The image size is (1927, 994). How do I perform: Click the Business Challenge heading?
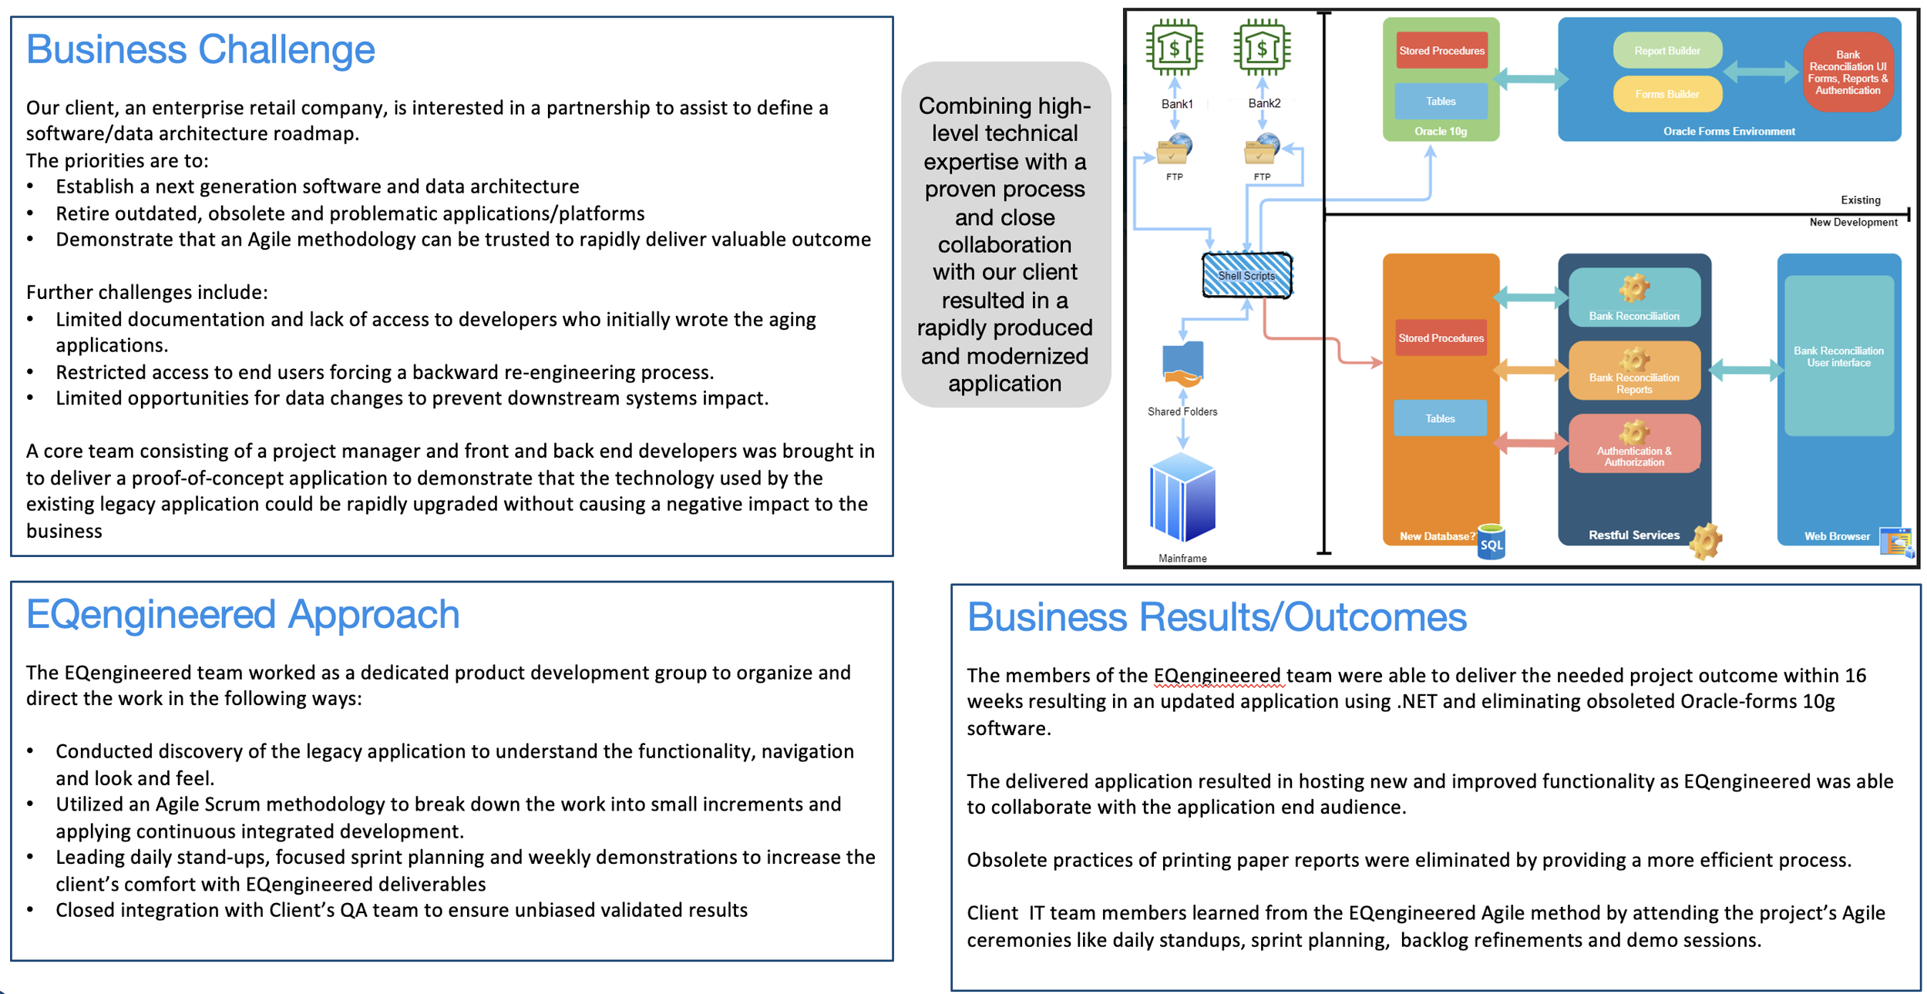tap(200, 50)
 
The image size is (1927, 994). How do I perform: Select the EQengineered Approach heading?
tap(243, 615)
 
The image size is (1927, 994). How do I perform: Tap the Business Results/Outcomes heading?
tap(1216, 618)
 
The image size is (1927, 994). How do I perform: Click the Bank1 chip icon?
tap(1174, 48)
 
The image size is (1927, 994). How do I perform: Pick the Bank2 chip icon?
tap(1262, 48)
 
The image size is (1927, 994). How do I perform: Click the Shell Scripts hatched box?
tap(1246, 275)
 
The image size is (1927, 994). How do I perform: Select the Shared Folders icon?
tap(1182, 364)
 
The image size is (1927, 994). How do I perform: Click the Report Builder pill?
tap(1667, 51)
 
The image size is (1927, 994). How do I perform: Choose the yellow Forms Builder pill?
tap(1667, 94)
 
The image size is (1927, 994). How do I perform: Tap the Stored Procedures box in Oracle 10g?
tap(1441, 51)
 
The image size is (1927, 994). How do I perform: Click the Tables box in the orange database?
tap(1440, 418)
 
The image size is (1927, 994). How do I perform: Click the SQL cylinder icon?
tap(1491, 542)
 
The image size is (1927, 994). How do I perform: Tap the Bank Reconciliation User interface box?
tap(1838, 356)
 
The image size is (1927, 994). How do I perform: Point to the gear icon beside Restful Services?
tap(1706, 541)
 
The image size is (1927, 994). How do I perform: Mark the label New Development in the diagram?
tap(1853, 223)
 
